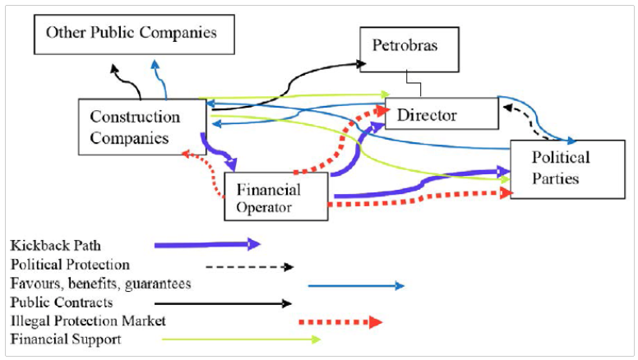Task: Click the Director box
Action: click(x=442, y=114)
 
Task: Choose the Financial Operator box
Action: click(x=275, y=197)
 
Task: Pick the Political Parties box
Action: click(x=561, y=168)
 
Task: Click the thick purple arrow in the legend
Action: click(x=207, y=244)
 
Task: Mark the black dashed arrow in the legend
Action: click(x=249, y=266)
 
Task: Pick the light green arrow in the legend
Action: click(x=240, y=339)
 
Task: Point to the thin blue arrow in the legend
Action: click(x=356, y=285)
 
